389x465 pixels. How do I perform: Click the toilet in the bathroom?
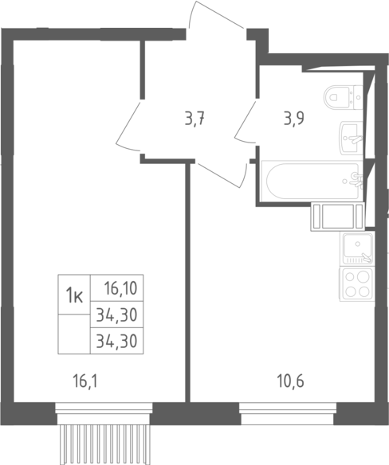coord(344,97)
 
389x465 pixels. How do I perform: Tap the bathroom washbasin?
coord(352,138)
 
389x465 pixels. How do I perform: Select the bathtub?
coord(312,181)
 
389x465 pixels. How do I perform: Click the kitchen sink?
coord(358,248)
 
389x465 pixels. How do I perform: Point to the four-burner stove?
coord(357,284)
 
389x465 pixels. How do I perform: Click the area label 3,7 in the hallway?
coord(194,119)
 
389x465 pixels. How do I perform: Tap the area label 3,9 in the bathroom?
coord(293,119)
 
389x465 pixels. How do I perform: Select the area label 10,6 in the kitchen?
coord(290,381)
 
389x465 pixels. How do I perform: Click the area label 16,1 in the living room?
coord(85,381)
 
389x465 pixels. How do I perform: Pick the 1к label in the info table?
coord(74,295)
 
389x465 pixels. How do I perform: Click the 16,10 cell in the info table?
coord(120,288)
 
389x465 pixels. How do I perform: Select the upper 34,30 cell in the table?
coord(116,315)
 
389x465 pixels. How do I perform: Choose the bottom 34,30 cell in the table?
coord(116,341)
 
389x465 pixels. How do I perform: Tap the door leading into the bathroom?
coord(246,122)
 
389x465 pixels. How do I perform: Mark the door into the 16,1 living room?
coord(128,125)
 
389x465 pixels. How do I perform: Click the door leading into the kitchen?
coord(222,175)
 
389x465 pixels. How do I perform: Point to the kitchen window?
coord(288,413)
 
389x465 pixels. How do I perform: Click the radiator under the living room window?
coord(104,444)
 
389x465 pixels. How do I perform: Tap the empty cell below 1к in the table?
coord(74,334)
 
